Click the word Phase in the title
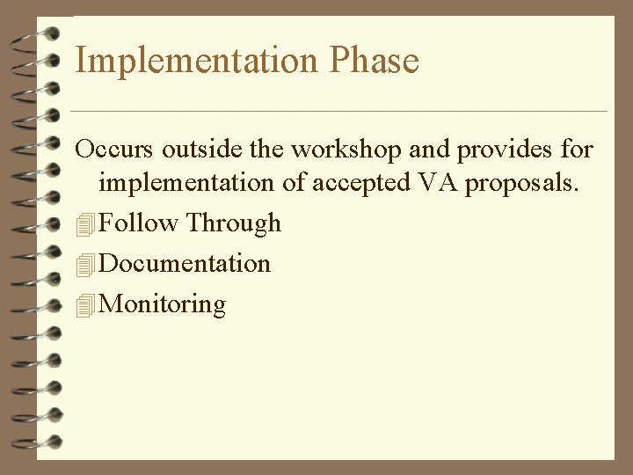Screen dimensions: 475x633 [375, 62]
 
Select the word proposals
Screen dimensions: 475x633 [523, 184]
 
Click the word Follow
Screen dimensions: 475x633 [139, 223]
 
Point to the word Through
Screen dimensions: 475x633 [233, 223]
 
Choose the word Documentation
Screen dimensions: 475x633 [186, 263]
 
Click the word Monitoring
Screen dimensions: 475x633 [164, 304]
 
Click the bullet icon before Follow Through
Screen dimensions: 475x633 [84, 224]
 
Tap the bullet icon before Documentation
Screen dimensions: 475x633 [84, 265]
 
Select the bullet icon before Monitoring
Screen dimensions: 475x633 [84, 305]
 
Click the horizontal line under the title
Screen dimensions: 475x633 [338, 111]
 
